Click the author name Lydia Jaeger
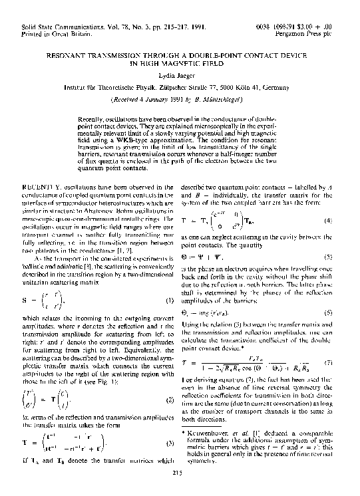(x=180, y=76)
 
